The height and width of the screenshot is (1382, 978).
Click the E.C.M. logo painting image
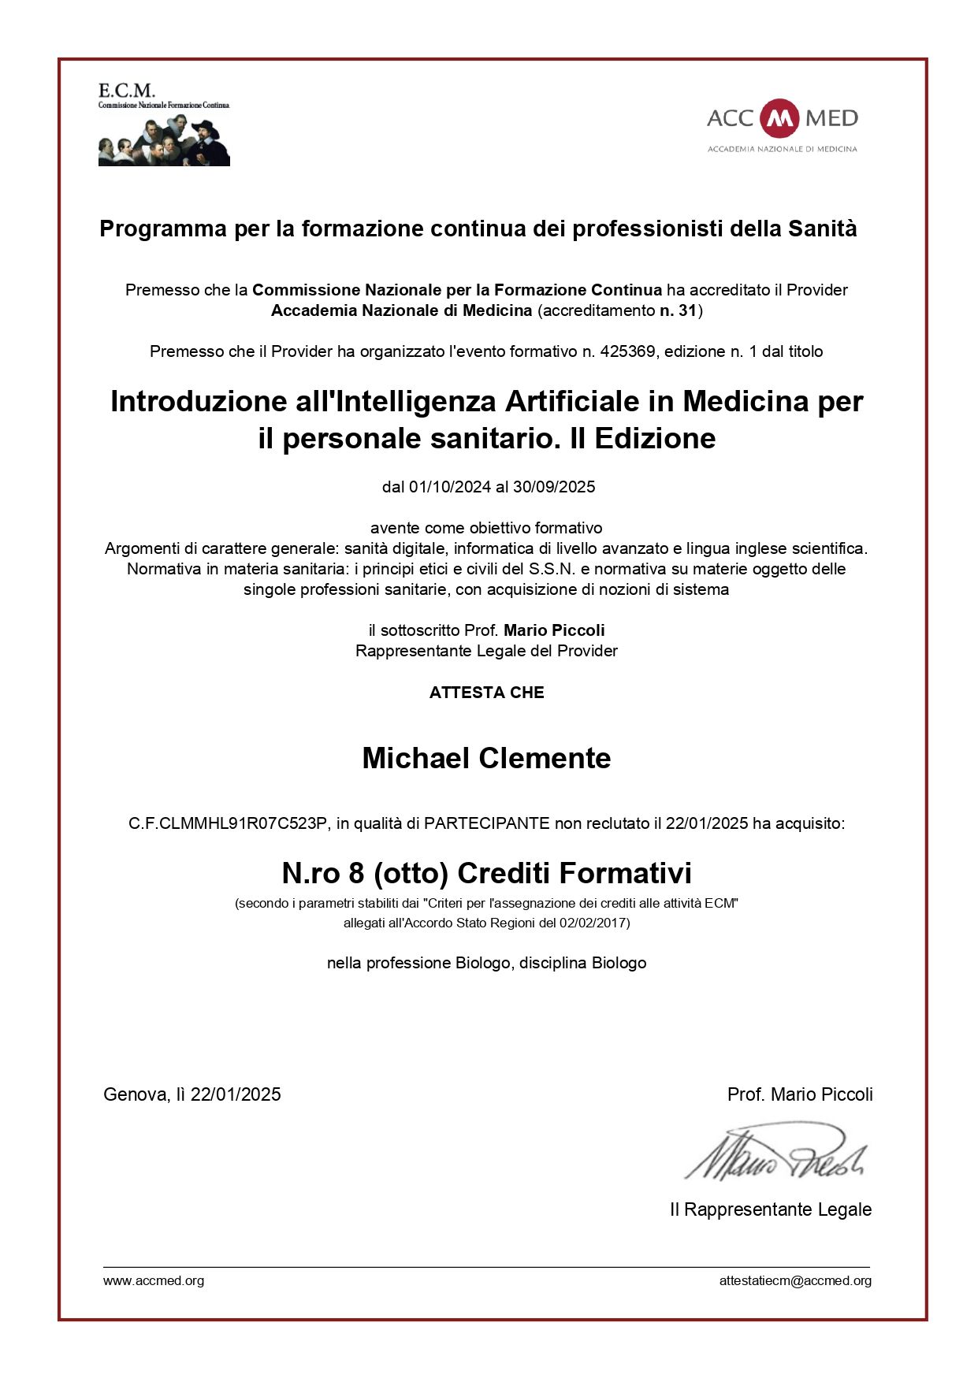164,139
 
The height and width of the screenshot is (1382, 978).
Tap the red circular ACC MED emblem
780,118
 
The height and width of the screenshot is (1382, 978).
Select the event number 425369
627,351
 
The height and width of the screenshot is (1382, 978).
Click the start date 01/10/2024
449,487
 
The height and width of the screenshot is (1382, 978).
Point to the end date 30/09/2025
554,487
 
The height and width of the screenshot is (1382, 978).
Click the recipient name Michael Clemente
486,758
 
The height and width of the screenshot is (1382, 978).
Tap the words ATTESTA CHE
486,693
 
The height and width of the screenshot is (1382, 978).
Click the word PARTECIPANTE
486,823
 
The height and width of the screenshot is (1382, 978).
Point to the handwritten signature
776,1154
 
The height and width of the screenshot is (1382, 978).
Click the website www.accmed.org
154,1280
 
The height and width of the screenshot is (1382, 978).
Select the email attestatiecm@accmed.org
795,1280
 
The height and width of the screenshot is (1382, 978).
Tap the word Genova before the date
134,1094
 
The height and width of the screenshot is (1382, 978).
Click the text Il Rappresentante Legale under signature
770,1209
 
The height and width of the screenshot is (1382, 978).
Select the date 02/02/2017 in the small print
593,923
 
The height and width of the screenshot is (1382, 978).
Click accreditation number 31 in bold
687,310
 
